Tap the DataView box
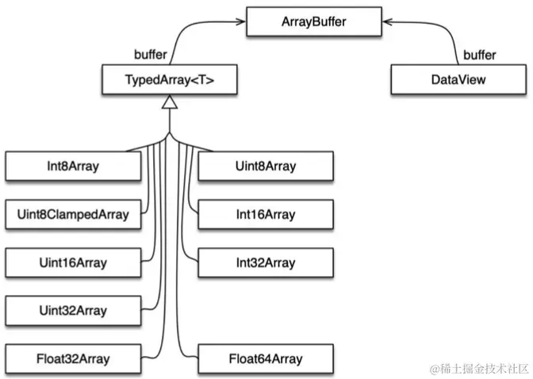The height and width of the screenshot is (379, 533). coord(447,79)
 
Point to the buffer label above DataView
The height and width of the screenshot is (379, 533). coord(479,56)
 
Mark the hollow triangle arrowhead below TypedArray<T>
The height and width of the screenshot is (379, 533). coord(167,102)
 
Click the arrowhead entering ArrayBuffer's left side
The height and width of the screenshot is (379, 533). coord(240,22)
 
